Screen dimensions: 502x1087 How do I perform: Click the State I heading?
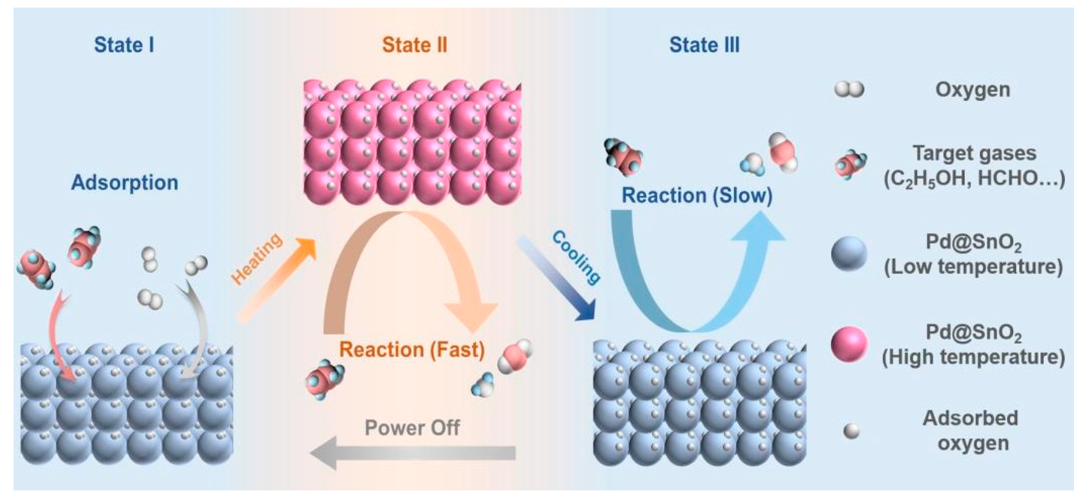tap(124, 45)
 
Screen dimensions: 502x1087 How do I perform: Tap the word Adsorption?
tap(125, 182)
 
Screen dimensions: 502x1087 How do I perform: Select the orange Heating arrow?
tap(276, 281)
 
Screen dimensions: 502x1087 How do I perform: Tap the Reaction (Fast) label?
tap(412, 349)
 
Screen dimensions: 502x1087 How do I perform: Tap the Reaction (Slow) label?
tap(697, 195)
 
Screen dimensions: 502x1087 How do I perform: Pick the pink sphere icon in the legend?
tap(849, 344)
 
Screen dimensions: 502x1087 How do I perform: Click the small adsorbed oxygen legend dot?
tap(851, 431)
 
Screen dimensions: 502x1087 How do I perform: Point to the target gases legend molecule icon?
tap(850, 165)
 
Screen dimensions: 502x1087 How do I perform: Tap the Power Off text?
tap(412, 428)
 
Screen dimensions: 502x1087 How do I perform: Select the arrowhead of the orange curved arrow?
tap(473, 315)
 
